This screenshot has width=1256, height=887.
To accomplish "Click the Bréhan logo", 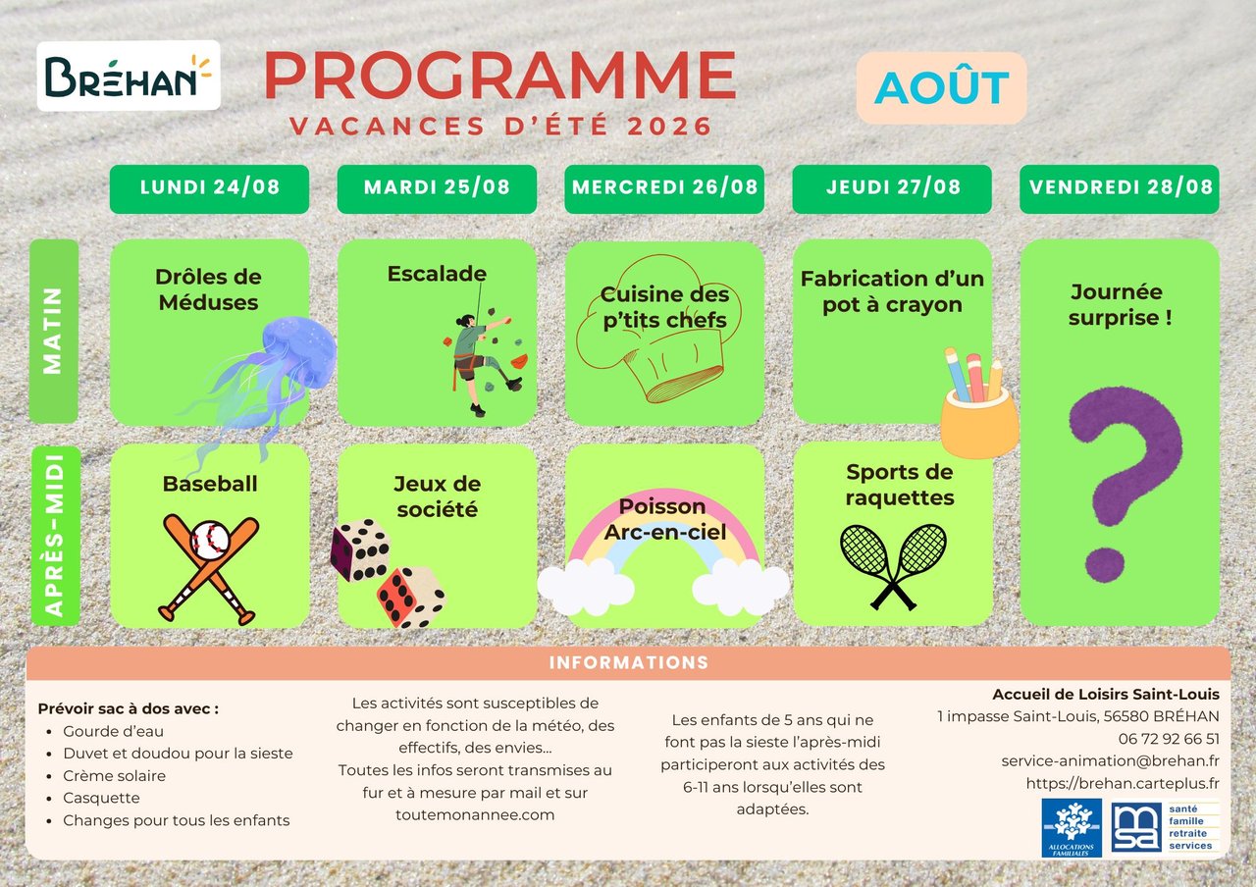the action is [129, 76].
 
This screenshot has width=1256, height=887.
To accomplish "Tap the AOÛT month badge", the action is [941, 87].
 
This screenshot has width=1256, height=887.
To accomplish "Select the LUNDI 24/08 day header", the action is [209, 189].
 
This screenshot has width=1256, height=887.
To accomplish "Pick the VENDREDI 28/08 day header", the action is [1120, 189].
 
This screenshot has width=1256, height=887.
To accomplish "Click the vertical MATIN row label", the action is [53, 331].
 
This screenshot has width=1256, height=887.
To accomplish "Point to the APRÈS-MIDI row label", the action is [55, 536].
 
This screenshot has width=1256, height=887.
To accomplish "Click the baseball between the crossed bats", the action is [210, 540].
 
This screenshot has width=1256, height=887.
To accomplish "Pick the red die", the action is [411, 598].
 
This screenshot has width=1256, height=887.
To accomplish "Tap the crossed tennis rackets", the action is [893, 566].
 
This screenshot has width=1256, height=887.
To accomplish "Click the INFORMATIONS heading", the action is [629, 662].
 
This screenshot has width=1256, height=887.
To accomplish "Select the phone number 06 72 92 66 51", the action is [1169, 739].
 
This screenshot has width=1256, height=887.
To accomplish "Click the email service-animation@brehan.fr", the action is [1110, 760].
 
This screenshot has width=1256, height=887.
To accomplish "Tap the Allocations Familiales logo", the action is [1072, 828].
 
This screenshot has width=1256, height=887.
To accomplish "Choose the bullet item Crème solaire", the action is [115, 776].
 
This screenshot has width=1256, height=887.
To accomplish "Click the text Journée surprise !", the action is [1120, 304].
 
